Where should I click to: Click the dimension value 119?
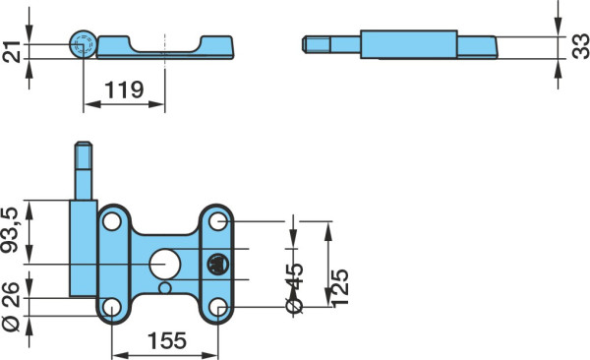124,90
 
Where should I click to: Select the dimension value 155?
167,340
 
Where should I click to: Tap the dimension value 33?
580,46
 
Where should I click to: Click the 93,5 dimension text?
10,230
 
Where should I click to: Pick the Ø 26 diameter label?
10,307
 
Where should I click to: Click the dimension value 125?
340,287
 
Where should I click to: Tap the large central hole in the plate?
165,264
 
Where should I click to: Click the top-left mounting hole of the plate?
112,221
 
